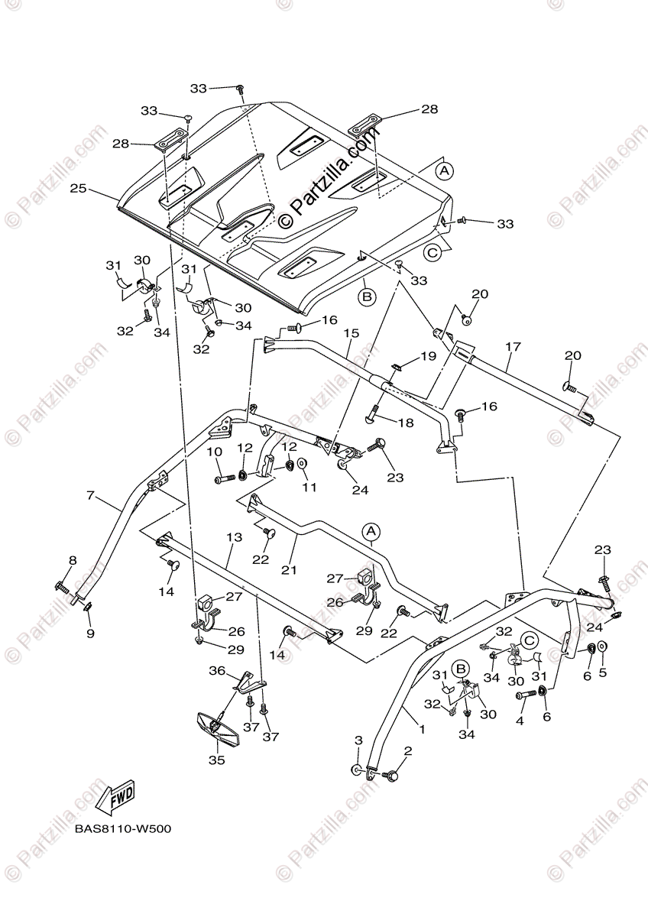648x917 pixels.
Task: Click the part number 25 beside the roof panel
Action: coord(77,188)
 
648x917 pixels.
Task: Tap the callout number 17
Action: coord(512,346)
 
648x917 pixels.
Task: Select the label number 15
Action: coord(351,333)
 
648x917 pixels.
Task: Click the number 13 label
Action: coord(234,538)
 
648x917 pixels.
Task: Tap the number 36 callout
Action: coord(217,670)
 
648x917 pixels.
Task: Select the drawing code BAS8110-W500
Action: coord(122,830)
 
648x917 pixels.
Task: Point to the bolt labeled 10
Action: coord(225,479)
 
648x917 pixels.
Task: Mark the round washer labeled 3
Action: coord(357,770)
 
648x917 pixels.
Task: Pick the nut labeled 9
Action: coord(88,608)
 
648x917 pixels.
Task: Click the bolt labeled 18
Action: coord(374,413)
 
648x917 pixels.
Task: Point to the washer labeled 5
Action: coord(602,647)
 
